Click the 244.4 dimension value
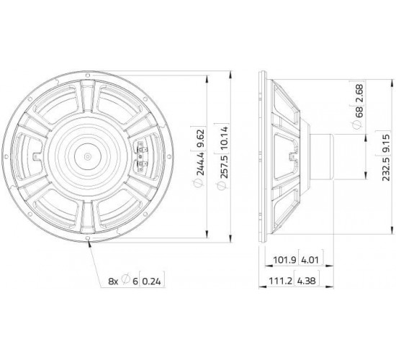[x=201, y=164]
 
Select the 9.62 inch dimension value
[x=201, y=139]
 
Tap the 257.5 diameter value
[x=224, y=167]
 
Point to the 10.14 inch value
[x=224, y=138]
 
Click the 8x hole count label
[x=113, y=282]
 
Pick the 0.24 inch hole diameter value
[x=151, y=282]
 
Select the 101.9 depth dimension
[x=285, y=259]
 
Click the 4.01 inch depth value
[x=310, y=259]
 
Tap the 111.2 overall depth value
[x=280, y=281]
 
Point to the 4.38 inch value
[x=306, y=281]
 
